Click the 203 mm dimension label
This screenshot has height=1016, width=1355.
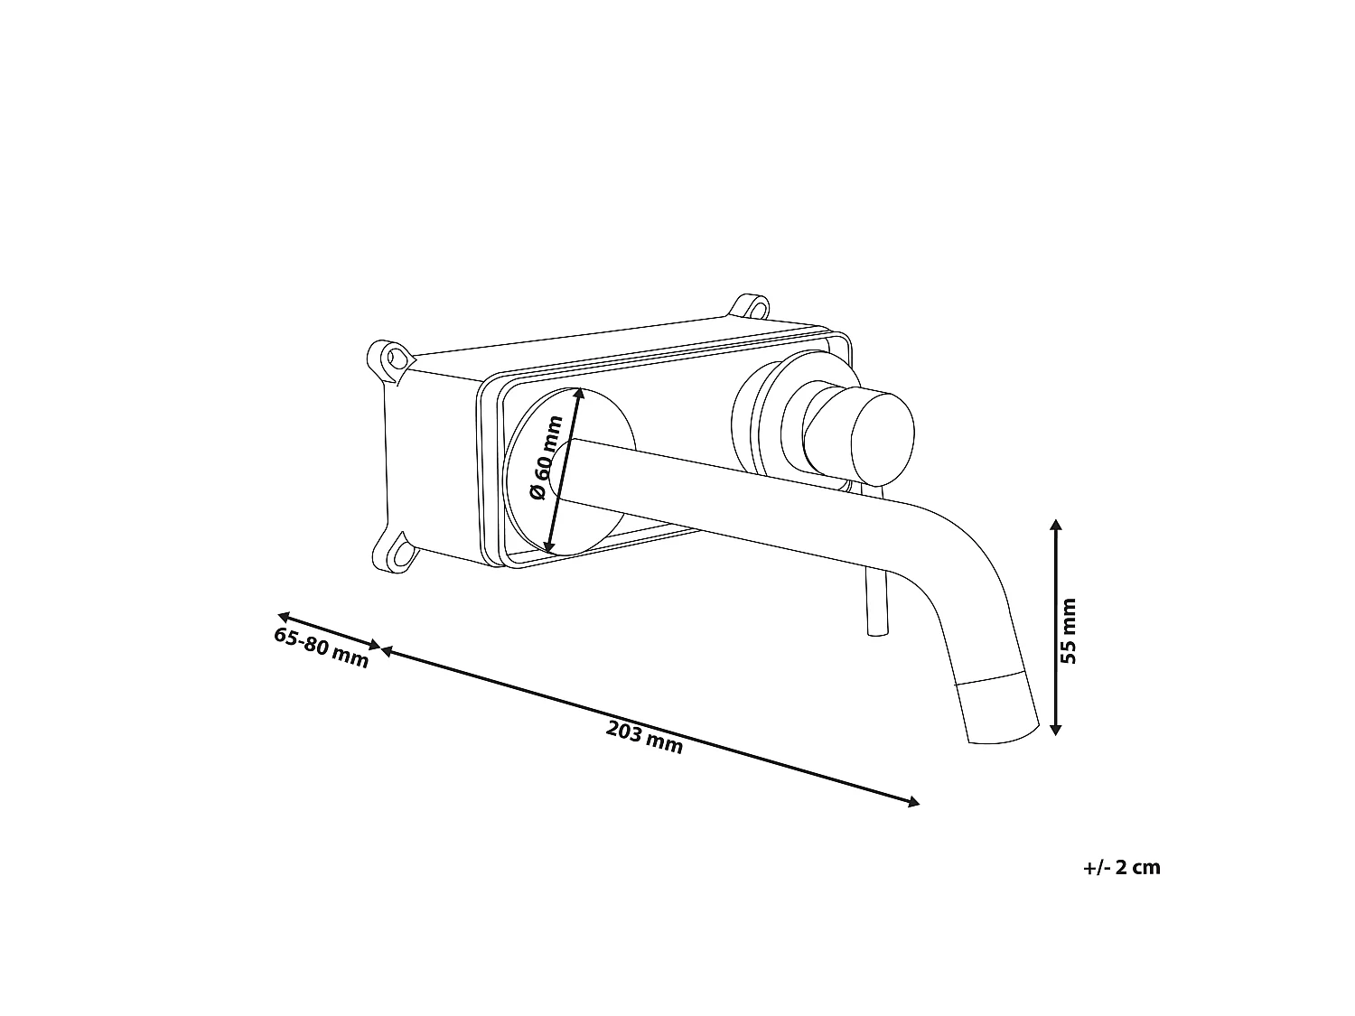point(644,738)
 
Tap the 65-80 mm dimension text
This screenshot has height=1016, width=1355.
point(321,648)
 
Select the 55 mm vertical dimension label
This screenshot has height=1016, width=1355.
point(1068,631)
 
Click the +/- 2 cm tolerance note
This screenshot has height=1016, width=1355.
point(1122,867)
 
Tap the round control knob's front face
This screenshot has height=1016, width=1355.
point(883,439)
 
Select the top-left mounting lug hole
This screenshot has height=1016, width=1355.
point(393,357)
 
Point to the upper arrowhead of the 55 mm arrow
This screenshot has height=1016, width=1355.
point(1056,526)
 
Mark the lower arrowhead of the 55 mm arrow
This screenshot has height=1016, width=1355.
point(1056,729)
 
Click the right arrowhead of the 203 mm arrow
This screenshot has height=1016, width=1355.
point(912,802)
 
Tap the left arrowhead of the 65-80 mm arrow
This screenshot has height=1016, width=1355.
point(285,616)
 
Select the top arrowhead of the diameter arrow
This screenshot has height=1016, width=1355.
point(578,394)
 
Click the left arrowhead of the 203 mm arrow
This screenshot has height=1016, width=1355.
point(387,650)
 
